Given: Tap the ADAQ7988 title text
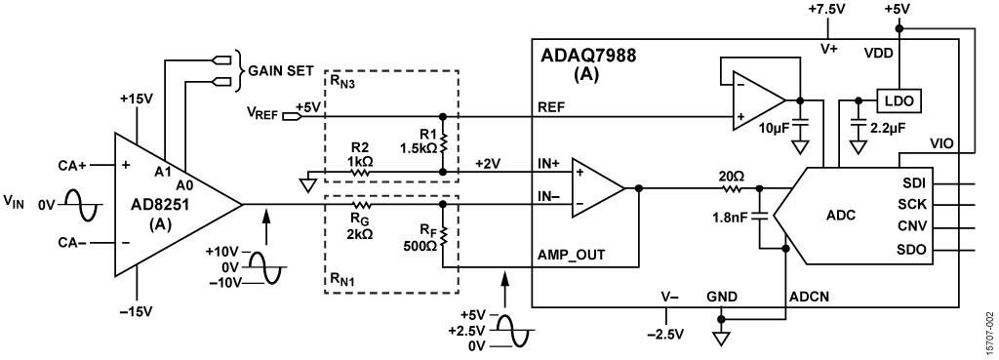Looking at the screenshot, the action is pyautogui.click(x=588, y=56).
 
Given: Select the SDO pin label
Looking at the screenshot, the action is pyautogui.click(x=916, y=250).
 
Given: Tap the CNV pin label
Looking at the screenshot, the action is pyautogui.click(x=916, y=227).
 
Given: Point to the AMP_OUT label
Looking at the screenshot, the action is pyautogui.click(x=572, y=255).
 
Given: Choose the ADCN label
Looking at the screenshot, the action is pyautogui.click(x=810, y=297).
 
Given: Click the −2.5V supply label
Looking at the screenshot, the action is pyautogui.click(x=665, y=335).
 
